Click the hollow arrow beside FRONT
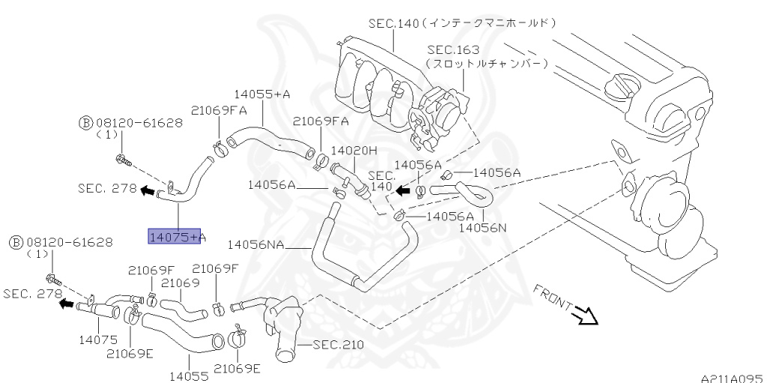click(x=586, y=317)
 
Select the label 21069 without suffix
click(x=180, y=283)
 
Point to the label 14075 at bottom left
click(x=97, y=340)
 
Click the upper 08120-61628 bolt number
click(x=140, y=122)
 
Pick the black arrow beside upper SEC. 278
click(x=148, y=190)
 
